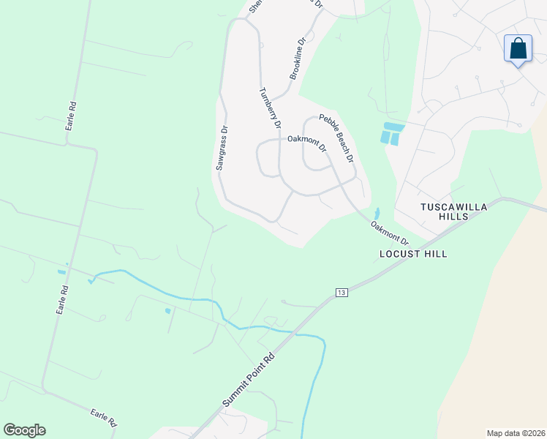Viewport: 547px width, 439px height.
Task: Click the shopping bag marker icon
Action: [518, 49]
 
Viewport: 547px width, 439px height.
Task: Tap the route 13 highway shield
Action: [342, 293]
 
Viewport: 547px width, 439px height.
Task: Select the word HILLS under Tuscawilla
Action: [453, 217]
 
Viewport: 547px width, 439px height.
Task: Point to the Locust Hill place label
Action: [412, 254]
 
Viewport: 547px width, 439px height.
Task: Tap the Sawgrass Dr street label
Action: [222, 148]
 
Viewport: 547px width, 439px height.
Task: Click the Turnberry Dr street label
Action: [271, 108]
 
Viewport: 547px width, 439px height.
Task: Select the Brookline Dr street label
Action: [297, 60]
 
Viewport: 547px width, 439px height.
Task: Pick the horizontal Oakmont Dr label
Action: [306, 138]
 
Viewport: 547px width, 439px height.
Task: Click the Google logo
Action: [24, 430]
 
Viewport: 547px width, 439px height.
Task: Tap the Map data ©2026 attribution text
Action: [516, 433]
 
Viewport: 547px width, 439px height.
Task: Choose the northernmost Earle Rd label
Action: [71, 116]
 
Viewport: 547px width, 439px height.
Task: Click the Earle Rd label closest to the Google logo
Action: [104, 418]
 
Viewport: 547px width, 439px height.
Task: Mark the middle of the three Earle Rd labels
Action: [64, 300]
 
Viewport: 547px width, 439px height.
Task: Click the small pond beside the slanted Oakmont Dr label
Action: [377, 214]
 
